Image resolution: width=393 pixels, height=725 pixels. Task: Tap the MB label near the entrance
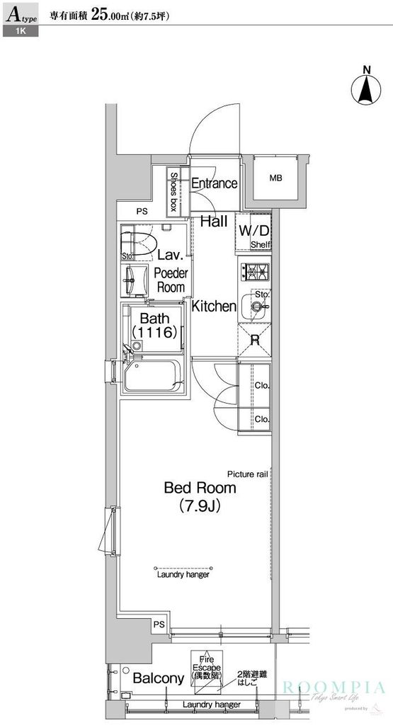275,178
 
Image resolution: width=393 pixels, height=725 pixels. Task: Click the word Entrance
214,184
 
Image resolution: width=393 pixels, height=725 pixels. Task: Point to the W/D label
253,230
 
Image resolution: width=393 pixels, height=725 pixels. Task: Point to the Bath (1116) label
154,326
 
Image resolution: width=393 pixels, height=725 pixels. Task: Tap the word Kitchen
214,307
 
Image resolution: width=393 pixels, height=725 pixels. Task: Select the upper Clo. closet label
261,386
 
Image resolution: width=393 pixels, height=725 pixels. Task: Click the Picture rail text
247,474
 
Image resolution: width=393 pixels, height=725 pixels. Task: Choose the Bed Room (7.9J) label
200,496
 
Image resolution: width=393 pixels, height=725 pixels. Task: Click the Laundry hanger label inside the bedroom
183,576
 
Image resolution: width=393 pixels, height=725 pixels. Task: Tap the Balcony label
159,678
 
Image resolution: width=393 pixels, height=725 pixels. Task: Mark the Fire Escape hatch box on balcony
205,668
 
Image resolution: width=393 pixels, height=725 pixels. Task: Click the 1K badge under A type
19,33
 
